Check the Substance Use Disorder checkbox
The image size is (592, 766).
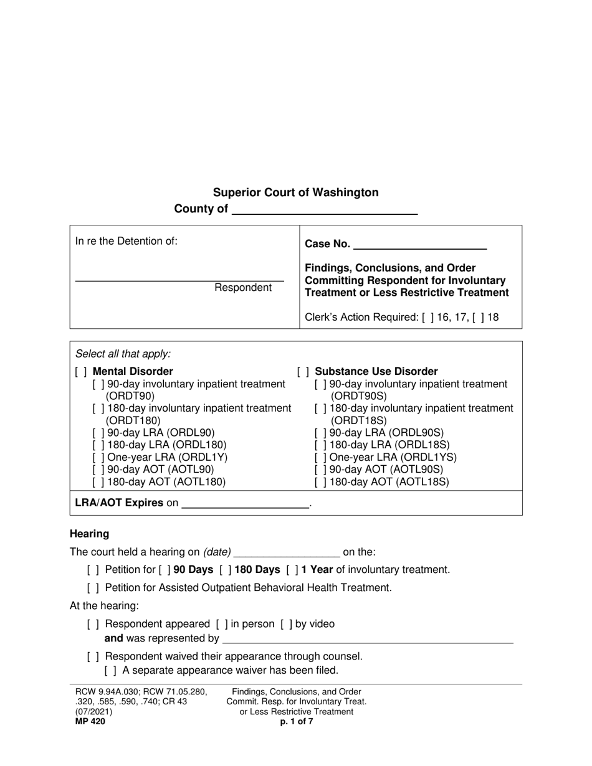(303, 372)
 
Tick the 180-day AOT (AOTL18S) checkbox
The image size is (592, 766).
(321, 481)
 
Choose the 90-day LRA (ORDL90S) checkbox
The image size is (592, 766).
(321, 433)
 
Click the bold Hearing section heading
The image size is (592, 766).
(89, 534)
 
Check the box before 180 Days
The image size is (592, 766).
(226, 569)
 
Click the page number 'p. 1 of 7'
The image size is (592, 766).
(297, 722)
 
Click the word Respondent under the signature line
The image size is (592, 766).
(243, 288)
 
